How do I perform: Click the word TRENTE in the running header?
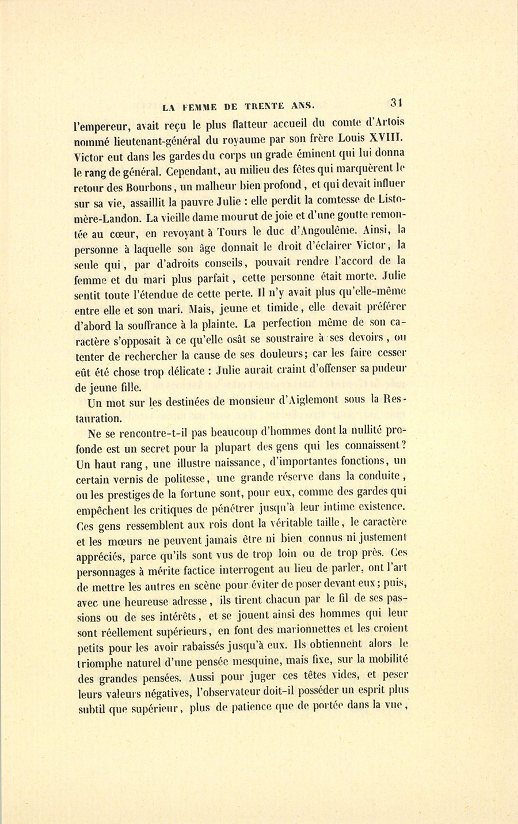[x=269, y=105]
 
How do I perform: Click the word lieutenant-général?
[x=157, y=141]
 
